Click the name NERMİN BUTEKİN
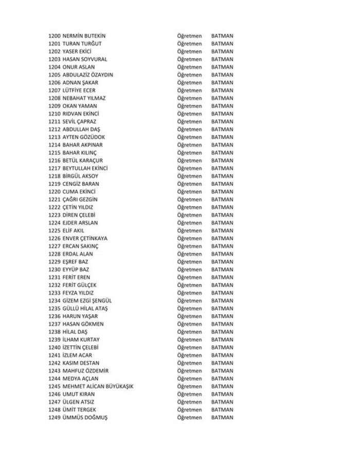click(x=84, y=35)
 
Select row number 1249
click(x=54, y=417)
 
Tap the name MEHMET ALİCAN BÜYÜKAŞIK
click(x=98, y=386)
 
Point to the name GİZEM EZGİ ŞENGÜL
click(x=87, y=300)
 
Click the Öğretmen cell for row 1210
click(x=189, y=114)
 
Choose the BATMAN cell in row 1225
click(x=222, y=230)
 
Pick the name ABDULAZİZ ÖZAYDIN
click(x=87, y=75)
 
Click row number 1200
click(x=54, y=35)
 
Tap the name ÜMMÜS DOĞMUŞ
click(x=85, y=417)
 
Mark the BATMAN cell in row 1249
click(x=222, y=417)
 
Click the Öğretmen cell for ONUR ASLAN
click(x=189, y=67)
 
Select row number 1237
click(x=54, y=324)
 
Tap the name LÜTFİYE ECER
click(x=79, y=90)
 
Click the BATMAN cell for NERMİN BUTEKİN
click(x=222, y=35)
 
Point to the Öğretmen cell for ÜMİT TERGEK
click(x=189, y=409)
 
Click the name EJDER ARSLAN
click(x=80, y=223)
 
